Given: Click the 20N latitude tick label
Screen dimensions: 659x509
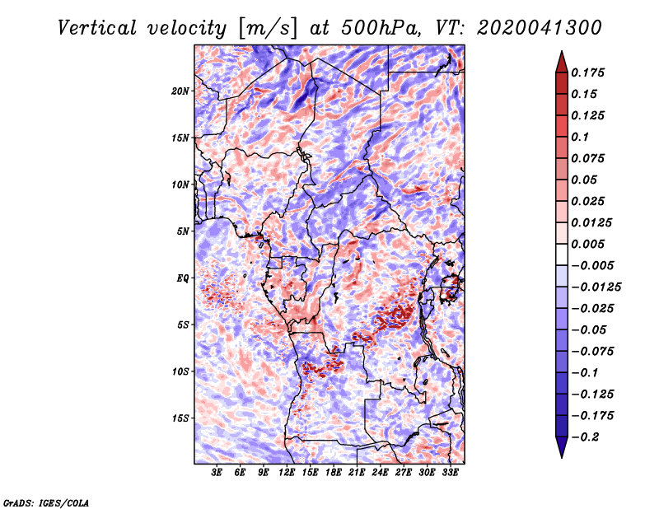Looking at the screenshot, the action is [180, 91].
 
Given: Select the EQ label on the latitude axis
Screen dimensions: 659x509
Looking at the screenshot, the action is [182, 278].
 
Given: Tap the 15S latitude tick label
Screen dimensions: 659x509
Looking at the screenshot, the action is [180, 418].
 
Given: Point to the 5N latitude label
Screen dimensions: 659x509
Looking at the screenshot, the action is [183, 231].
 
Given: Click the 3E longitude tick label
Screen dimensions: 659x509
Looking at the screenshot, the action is [217, 473].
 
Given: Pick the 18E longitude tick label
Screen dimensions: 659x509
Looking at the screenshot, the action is [333, 473].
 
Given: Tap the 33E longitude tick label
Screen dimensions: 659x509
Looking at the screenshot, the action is [450, 473].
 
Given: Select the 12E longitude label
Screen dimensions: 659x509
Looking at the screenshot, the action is [286, 473].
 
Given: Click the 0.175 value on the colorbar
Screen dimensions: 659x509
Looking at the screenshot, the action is [587, 72].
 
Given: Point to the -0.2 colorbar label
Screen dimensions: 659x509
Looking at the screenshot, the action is [585, 437].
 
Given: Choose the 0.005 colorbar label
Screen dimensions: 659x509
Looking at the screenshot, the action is [587, 244].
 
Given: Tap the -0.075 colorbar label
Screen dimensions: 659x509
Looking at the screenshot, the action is [592, 352].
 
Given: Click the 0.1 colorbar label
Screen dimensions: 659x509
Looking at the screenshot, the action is [580, 137].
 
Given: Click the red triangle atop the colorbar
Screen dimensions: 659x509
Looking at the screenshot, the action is [562, 63].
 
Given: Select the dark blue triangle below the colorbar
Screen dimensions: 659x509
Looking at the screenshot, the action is [562, 447].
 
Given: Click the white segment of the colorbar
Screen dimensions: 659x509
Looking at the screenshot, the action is [562, 254].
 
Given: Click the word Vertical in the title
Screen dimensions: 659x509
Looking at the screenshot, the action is [97, 28].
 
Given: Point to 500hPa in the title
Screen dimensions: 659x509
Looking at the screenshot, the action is [380, 28].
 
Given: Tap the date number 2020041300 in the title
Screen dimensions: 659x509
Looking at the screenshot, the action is [540, 28].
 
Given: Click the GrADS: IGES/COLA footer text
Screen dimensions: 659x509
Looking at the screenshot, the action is [46, 502].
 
